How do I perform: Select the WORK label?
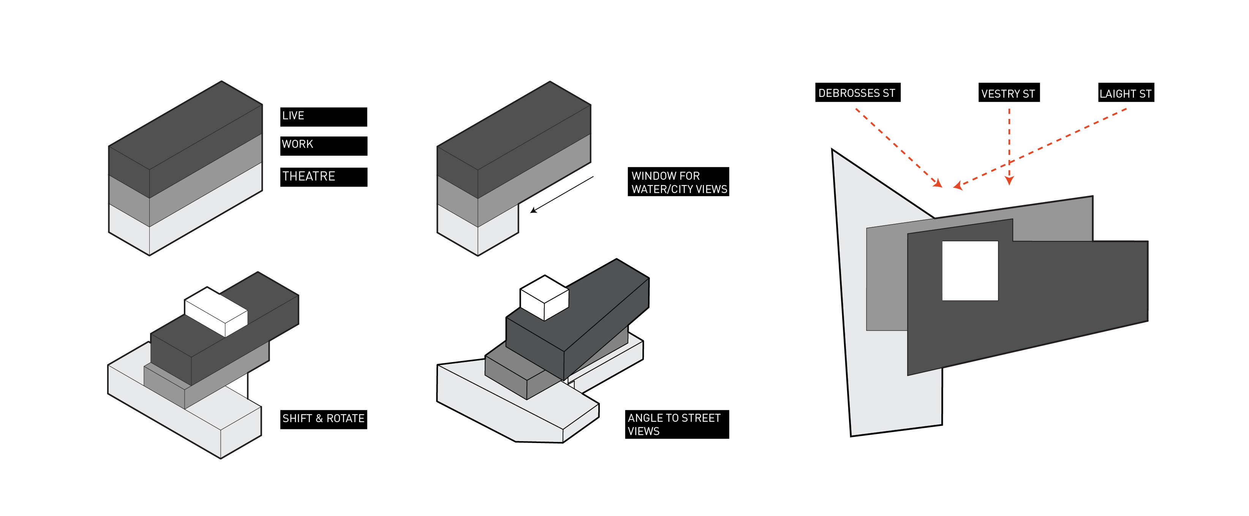(323, 146)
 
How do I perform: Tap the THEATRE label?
(323, 177)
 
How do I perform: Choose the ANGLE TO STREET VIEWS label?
(677, 424)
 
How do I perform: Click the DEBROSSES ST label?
(857, 93)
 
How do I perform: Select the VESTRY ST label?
(1009, 93)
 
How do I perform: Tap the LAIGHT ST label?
(1126, 93)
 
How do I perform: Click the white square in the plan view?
(970, 271)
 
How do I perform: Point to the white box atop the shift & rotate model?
(216, 311)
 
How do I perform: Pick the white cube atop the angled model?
(544, 297)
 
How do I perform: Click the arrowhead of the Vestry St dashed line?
(1009, 181)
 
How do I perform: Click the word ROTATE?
(345, 418)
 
